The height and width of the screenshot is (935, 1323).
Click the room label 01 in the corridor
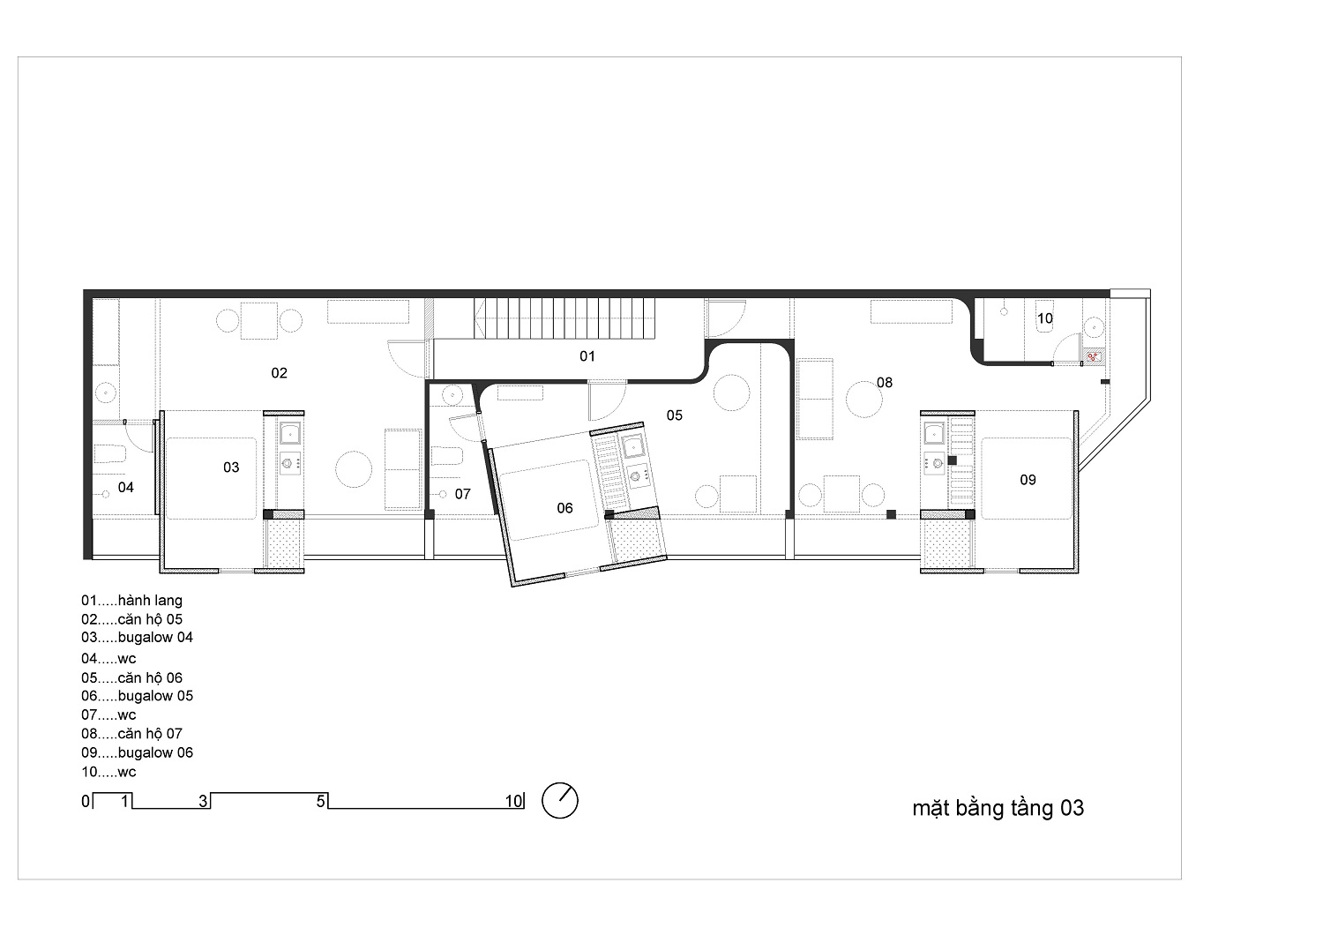pyautogui.click(x=587, y=356)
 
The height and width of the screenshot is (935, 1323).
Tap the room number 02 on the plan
pyautogui.click(x=279, y=373)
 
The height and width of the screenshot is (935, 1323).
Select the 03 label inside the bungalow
pyautogui.click(x=231, y=467)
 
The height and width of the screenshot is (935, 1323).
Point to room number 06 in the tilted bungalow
pyautogui.click(x=564, y=508)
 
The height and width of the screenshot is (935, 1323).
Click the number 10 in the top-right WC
pyautogui.click(x=1045, y=318)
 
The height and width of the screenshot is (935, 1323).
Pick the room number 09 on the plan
pyautogui.click(x=1028, y=480)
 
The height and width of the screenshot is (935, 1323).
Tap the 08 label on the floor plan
pyautogui.click(x=884, y=383)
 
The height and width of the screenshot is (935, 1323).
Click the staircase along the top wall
pyautogui.click(x=564, y=318)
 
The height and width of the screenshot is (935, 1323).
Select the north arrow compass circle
pyautogui.click(x=560, y=800)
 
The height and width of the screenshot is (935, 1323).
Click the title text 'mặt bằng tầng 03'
pyautogui.click(x=998, y=809)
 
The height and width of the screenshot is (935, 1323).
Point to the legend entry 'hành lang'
pyautogui.click(x=150, y=601)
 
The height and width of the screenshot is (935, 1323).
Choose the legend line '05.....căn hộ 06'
pyautogui.click(x=131, y=677)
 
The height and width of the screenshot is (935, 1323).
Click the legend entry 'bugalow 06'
pyautogui.click(x=155, y=752)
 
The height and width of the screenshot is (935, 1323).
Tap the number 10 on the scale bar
pyautogui.click(x=513, y=801)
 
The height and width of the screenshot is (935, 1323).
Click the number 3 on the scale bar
pyautogui.click(x=203, y=801)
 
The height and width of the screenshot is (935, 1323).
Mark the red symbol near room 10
pyautogui.click(x=1093, y=356)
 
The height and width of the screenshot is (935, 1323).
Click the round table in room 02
pyautogui.click(x=354, y=469)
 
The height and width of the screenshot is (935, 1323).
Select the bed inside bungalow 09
pyautogui.click(x=1027, y=478)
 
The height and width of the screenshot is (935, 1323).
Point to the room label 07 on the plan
pyautogui.click(x=462, y=494)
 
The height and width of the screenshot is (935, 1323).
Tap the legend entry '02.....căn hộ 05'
pyautogui.click(x=131, y=619)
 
